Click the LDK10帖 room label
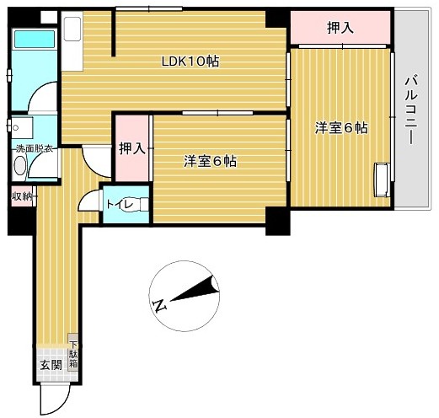(x=190, y=62)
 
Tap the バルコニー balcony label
(x=411, y=109)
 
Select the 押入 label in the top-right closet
(x=340, y=28)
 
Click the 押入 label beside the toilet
(x=132, y=148)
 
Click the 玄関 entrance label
(x=51, y=365)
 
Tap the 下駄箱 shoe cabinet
(x=73, y=352)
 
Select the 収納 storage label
(x=22, y=196)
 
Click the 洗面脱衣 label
(x=35, y=149)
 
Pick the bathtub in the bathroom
(x=35, y=39)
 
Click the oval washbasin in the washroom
(x=19, y=166)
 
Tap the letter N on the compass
(x=159, y=305)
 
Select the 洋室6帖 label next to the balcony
(x=341, y=128)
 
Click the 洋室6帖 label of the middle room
(x=210, y=161)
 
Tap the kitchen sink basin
(x=72, y=29)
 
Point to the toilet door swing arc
(x=84, y=196)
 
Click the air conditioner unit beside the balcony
(x=382, y=180)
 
